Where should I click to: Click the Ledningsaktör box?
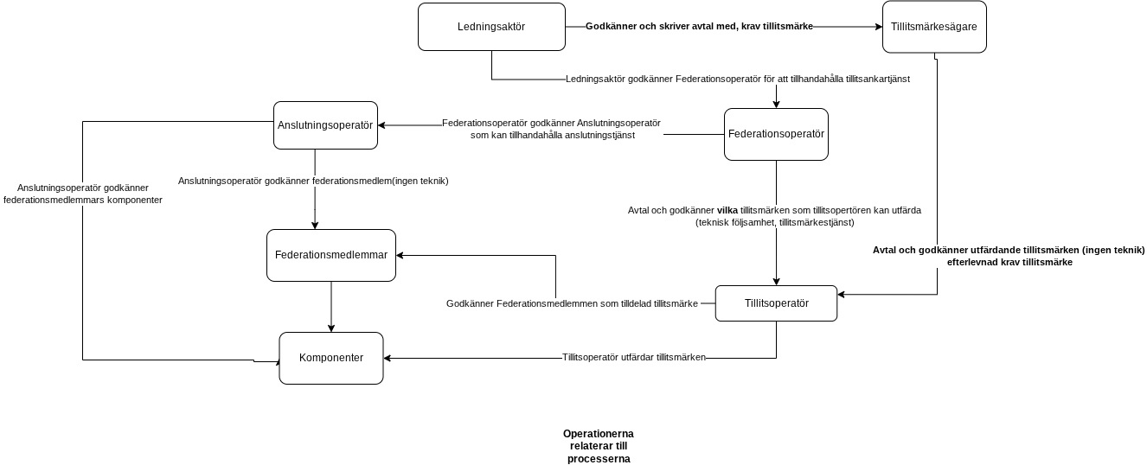(x=491, y=27)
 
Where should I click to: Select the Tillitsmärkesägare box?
(x=934, y=27)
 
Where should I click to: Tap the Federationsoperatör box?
(x=776, y=134)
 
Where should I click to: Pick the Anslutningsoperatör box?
(x=325, y=125)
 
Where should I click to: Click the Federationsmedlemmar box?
(x=331, y=255)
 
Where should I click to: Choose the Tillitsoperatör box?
(x=776, y=303)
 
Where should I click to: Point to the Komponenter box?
(x=331, y=358)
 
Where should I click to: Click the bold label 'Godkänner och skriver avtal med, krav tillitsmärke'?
(x=700, y=26)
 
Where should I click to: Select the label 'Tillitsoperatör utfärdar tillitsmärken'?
(x=634, y=357)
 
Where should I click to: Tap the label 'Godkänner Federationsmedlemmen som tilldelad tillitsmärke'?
(x=572, y=303)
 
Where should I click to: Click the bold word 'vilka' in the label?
(x=727, y=210)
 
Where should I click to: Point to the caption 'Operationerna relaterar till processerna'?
(x=599, y=446)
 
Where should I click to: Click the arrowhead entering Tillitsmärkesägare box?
(x=879, y=27)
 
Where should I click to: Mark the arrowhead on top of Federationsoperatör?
(x=776, y=105)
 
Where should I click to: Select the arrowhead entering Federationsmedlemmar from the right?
(x=400, y=255)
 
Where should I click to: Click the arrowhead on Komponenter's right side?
(x=388, y=358)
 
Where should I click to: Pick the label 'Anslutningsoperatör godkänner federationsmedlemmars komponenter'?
(x=83, y=194)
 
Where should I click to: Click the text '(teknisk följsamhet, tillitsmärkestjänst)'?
(x=775, y=222)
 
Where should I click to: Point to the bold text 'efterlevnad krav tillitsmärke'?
(x=1009, y=263)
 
